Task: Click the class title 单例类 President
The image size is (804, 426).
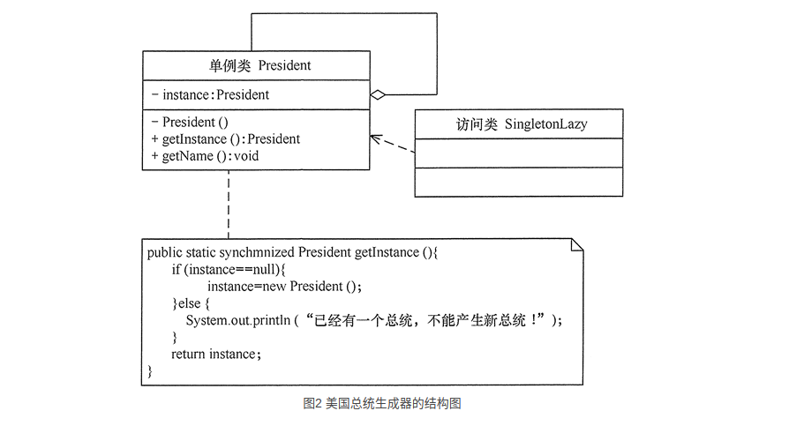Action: tap(255, 66)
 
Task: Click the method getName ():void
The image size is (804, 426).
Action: tap(205, 156)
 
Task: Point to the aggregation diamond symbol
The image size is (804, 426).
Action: tap(378, 94)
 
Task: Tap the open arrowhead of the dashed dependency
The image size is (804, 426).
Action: tap(374, 137)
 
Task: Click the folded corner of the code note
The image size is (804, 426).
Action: tap(576, 244)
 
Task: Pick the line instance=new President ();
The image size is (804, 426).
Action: tap(285, 287)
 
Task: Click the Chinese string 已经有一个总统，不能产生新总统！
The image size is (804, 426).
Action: tap(428, 320)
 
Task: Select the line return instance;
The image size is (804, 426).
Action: tap(217, 354)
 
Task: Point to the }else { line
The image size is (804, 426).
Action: tap(191, 303)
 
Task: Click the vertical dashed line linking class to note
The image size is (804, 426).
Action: tap(229, 203)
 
